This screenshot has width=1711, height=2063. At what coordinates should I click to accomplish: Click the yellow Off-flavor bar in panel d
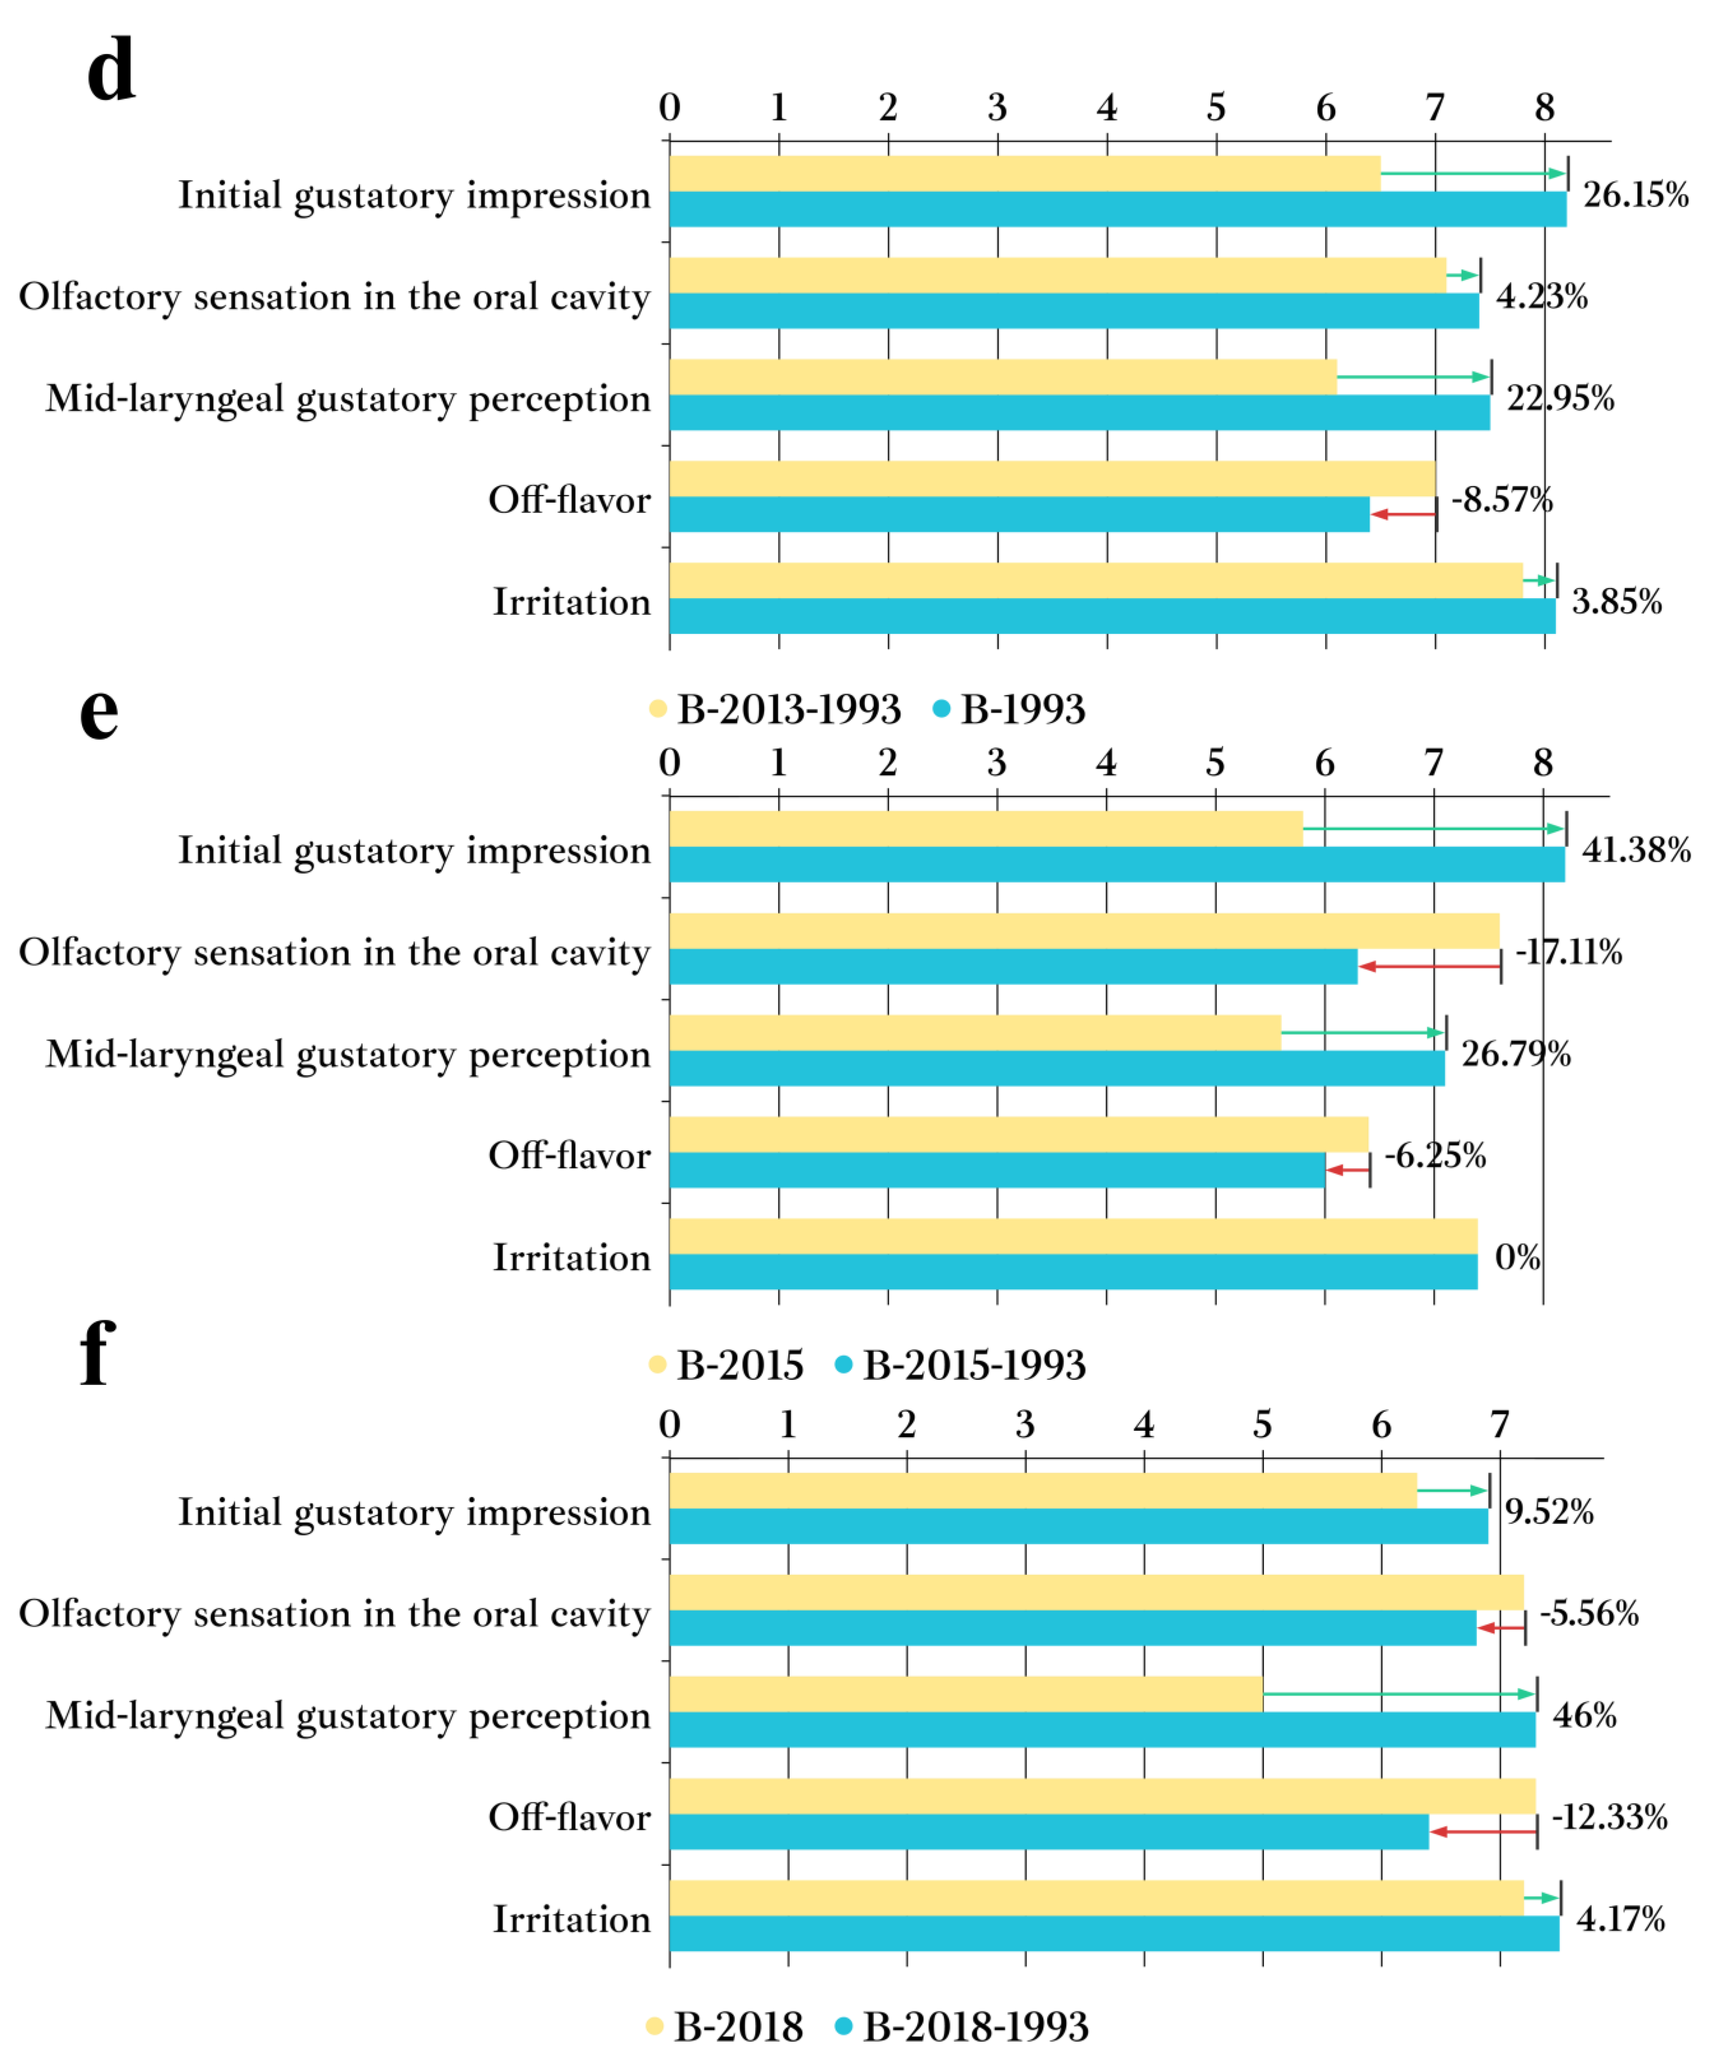(x=1051, y=478)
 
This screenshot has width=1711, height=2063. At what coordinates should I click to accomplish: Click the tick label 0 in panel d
(x=670, y=107)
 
